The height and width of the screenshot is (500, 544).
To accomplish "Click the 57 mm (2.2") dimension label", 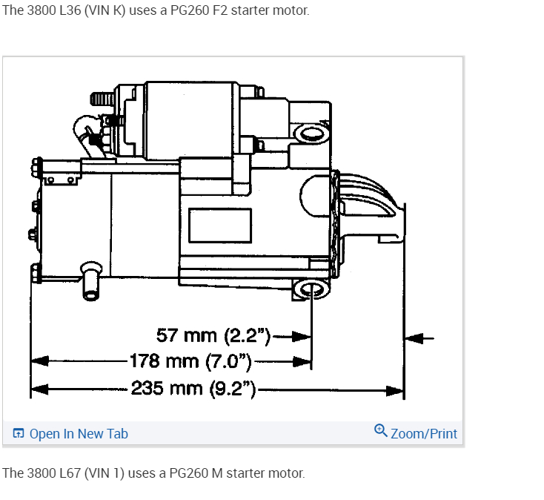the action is [213, 336].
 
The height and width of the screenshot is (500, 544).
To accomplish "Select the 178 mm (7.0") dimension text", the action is [190, 361].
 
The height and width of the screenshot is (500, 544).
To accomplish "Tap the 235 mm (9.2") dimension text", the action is [193, 389].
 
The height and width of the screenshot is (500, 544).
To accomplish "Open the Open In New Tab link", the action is [79, 434].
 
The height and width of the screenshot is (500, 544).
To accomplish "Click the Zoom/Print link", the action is [424, 434].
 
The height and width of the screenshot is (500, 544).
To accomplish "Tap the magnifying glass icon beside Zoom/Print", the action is [381, 430].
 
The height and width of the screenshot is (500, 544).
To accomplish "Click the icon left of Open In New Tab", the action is [19, 433].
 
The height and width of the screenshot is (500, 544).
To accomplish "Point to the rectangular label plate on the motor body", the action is [220, 226].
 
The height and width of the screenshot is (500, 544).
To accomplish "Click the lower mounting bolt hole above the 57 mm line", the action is [311, 289].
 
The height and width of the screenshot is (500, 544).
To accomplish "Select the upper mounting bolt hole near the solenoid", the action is [311, 134].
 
